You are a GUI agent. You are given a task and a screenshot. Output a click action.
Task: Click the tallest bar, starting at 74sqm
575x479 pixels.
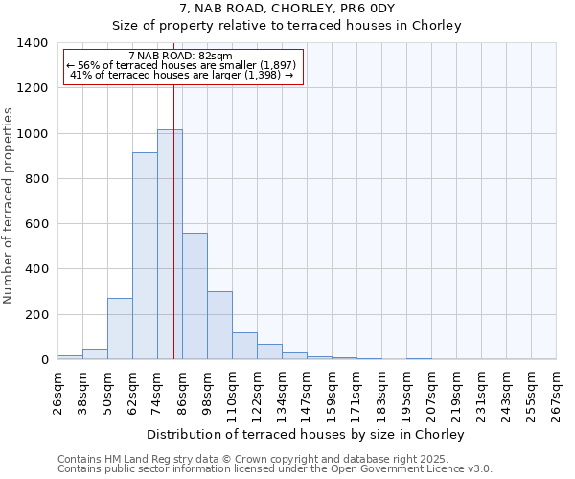pos(170,244)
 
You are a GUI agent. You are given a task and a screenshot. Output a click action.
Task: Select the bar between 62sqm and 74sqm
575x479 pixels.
pos(145,256)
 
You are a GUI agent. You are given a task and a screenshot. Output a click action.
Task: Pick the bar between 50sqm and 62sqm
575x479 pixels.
pos(120,329)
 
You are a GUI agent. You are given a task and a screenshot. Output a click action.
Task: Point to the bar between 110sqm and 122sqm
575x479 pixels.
pos(244,346)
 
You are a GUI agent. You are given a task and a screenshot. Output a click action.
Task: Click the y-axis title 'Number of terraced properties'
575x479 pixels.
pos(10,206)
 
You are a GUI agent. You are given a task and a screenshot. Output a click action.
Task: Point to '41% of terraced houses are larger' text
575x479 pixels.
pos(181,75)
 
